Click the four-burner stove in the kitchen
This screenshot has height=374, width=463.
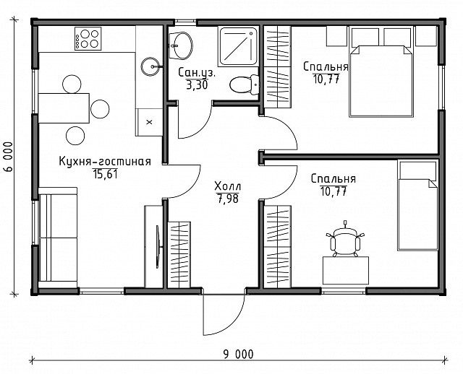tap(88, 38)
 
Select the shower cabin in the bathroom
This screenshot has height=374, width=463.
tap(238, 46)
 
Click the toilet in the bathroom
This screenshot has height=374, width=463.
tap(245, 85)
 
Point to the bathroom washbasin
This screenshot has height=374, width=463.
tap(181, 45)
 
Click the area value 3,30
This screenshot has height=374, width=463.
tap(197, 85)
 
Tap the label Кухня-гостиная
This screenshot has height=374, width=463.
tap(105, 162)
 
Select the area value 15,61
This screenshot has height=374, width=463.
tap(105, 174)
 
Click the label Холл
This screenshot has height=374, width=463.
tap(228, 186)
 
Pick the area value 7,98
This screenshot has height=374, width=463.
tap(228, 199)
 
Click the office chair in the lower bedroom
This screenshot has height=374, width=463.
tap(345, 240)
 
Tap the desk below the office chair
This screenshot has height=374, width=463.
tap(346, 270)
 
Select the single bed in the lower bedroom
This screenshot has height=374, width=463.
tap(417, 206)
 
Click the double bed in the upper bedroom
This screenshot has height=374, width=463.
tap(381, 81)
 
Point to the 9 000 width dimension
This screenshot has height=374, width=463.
tap(238, 355)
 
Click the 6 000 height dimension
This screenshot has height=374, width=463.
tap(9, 157)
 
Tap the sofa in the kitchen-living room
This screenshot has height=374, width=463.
tap(58, 238)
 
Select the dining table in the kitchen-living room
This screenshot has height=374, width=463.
tap(64, 108)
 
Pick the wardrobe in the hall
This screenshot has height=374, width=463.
tap(179, 255)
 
